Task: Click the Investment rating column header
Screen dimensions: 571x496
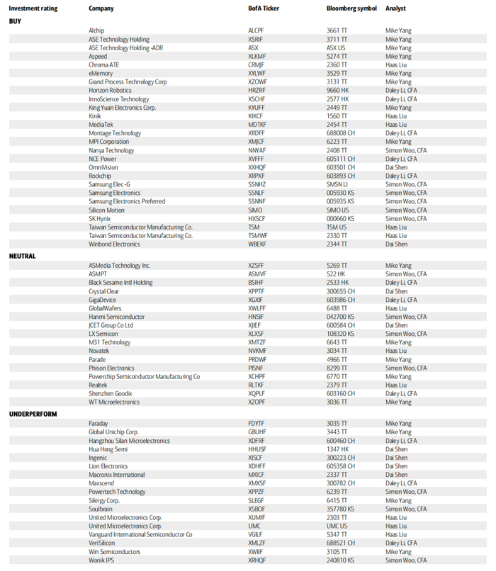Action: point(33,9)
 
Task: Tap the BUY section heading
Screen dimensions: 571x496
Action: point(15,21)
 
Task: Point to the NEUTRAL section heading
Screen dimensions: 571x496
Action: point(22,256)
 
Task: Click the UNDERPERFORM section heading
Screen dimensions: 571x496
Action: point(33,414)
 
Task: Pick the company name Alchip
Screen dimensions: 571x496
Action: point(98,30)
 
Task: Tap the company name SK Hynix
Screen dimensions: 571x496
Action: point(100,218)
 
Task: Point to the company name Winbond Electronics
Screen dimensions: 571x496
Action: point(114,244)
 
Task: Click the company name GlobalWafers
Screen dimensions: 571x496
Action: point(106,308)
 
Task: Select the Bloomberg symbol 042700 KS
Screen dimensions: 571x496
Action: point(342,317)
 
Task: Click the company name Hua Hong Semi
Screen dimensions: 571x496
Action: point(108,449)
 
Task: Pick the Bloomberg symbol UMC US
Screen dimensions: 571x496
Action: point(337,526)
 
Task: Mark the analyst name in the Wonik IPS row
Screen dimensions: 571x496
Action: point(406,560)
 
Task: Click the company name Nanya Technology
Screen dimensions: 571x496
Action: point(111,150)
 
